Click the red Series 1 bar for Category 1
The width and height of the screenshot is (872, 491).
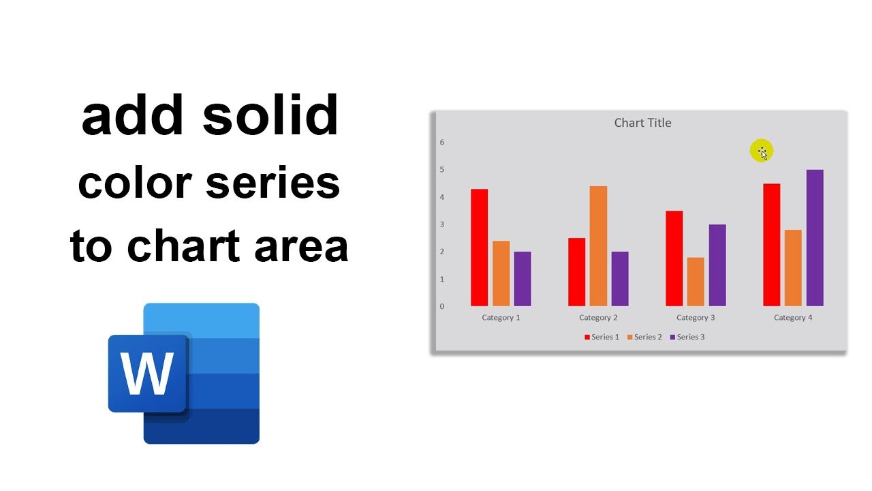[479, 248]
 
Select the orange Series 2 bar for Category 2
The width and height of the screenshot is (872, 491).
[598, 246]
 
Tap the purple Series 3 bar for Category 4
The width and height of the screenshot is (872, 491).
[815, 238]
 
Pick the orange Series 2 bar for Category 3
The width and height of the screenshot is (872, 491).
[696, 282]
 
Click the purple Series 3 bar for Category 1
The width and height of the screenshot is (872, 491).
[523, 279]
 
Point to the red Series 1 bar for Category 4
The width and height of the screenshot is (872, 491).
[771, 245]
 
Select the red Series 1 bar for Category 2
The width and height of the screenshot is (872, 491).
[576, 272]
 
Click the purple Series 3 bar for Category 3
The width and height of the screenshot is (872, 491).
[717, 265]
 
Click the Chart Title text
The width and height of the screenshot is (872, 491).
[642, 123]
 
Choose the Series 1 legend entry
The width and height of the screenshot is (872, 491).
[602, 337]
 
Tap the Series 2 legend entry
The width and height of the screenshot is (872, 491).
[644, 337]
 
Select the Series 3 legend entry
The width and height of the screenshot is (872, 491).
[687, 337]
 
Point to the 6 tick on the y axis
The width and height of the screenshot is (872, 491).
[442, 143]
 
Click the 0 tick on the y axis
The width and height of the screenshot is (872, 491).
[442, 306]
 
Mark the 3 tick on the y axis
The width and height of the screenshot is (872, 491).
[442, 224]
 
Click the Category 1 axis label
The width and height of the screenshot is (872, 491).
[501, 318]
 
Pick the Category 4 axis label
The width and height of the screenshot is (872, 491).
[793, 318]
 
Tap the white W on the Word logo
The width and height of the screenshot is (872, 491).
[146, 374]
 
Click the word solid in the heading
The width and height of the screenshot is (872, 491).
[270, 116]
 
